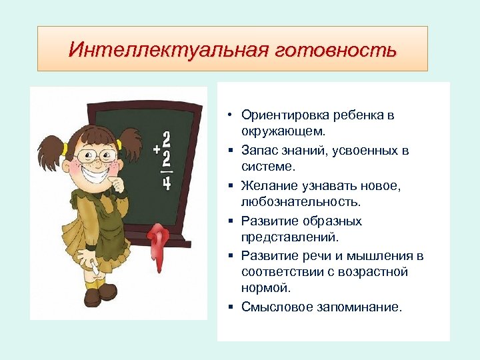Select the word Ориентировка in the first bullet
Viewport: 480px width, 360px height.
pyautogui.click(x=279, y=115)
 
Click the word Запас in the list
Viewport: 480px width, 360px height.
pyautogui.click(x=257, y=151)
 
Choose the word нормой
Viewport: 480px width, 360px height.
pyautogui.click(x=266, y=288)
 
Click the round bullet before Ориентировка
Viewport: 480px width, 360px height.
pyautogui.click(x=228, y=115)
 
